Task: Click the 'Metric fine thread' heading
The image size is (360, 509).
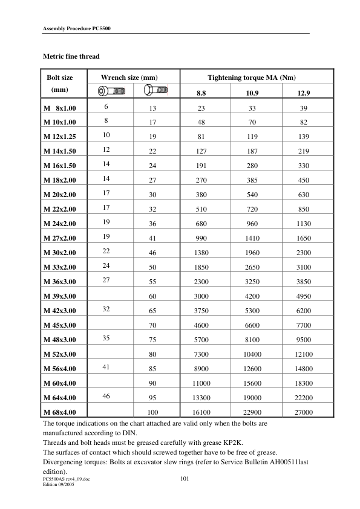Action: (71, 56)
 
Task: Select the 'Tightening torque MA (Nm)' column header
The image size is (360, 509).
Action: (251, 77)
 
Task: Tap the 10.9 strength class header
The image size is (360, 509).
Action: (252, 93)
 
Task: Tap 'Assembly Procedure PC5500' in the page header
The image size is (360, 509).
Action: (76, 28)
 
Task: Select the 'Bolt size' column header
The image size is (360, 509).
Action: (60, 77)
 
